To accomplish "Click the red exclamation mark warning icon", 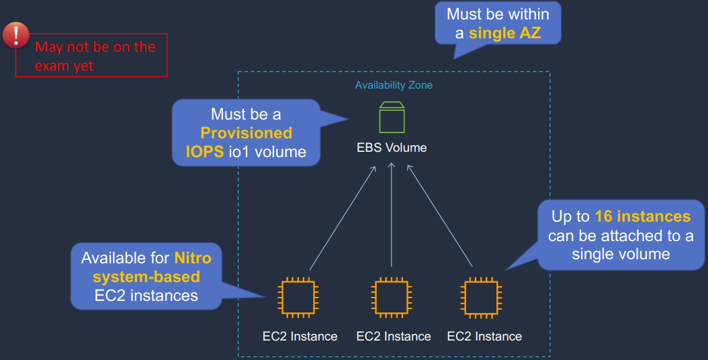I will coord(16,36).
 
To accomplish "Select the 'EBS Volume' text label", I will coord(392,148).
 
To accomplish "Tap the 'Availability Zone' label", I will coord(394,85).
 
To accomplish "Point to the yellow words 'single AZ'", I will coord(504,33).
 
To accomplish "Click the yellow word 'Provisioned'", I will coord(247,133).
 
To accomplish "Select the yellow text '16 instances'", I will coord(643,216).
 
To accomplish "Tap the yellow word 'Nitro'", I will coord(193,258).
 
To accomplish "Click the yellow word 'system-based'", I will coord(146,277).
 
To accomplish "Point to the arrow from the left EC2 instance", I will coord(342,219).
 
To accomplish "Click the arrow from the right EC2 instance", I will coord(441,219).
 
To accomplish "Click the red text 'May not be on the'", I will coord(95,47).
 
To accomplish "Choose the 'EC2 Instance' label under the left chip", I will coord(300,336).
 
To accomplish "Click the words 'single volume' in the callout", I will coord(621,254).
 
